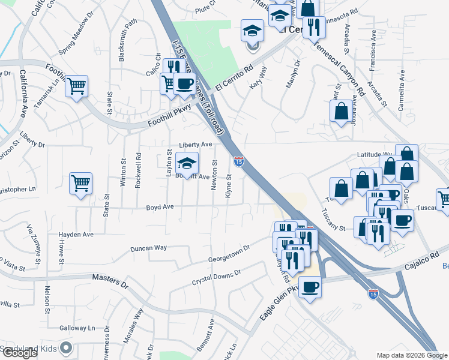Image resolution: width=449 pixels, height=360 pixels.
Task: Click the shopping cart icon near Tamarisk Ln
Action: pyautogui.click(x=77, y=86)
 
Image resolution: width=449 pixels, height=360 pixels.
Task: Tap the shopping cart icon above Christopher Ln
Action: pyautogui.click(x=80, y=184)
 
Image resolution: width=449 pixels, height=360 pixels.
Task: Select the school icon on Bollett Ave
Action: pyautogui.click(x=187, y=164)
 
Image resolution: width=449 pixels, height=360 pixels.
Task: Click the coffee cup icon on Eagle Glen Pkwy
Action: pyautogui.click(x=310, y=287)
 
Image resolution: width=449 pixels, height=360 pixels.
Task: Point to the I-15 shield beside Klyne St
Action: pyautogui.click(x=238, y=161)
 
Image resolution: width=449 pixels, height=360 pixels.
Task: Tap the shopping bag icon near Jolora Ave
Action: pyautogui.click(x=341, y=111)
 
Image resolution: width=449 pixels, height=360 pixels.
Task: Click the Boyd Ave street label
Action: pyautogui.click(x=160, y=207)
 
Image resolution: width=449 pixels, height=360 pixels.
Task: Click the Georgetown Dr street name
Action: pyautogui.click(x=229, y=254)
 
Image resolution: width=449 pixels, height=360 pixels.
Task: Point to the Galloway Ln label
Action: pyautogui.click(x=77, y=329)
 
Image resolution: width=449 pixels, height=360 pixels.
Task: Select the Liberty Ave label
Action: pyautogui.click(x=196, y=145)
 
